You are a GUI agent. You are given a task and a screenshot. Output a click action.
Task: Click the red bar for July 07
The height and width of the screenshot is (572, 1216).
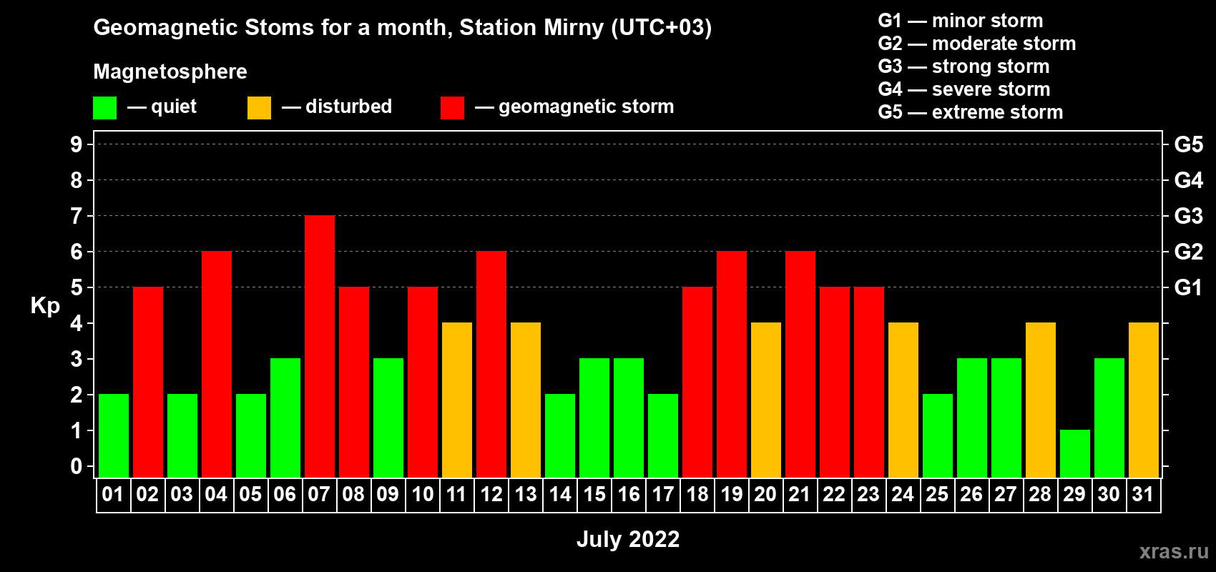(320, 346)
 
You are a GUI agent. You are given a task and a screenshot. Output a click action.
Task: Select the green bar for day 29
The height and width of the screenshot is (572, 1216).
(1075, 454)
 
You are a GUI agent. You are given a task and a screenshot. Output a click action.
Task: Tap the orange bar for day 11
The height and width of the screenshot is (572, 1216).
(457, 400)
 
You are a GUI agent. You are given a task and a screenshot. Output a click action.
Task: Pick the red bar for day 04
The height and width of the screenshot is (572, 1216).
(217, 364)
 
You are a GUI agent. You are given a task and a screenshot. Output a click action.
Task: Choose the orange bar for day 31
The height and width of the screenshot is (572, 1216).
(1144, 400)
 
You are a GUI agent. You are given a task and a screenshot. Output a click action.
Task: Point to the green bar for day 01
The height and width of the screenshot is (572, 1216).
(114, 435)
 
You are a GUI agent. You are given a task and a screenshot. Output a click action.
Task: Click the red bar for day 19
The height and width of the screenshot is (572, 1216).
(732, 364)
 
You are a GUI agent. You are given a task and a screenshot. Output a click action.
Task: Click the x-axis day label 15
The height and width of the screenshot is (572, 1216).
(594, 494)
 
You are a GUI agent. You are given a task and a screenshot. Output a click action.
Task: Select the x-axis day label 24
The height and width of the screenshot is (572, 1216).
(903, 494)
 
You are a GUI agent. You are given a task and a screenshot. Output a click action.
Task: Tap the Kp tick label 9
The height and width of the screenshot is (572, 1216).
(76, 144)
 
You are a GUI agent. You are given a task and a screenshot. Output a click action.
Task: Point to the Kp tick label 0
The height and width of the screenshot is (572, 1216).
(76, 466)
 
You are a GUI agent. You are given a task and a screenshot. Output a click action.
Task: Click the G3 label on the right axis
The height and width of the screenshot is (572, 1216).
(1189, 216)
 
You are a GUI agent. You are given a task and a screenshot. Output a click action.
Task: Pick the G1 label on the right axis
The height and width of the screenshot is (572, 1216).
(1189, 287)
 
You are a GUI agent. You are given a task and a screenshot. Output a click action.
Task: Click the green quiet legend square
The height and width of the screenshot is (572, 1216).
(104, 107)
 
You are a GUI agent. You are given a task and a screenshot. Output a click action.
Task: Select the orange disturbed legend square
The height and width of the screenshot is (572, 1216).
(260, 107)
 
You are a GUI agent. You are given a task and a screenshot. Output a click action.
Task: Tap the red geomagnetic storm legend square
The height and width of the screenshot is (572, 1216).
(453, 107)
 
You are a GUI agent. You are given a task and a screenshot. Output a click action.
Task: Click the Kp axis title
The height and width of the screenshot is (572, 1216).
(45, 306)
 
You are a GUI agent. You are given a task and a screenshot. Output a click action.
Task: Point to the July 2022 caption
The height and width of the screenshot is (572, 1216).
(628, 539)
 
